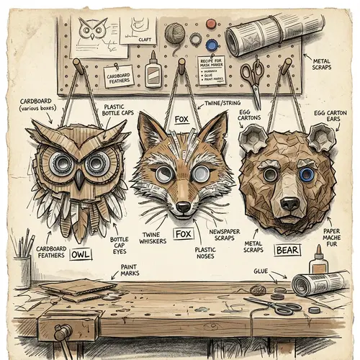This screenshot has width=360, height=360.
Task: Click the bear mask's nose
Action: (289, 202)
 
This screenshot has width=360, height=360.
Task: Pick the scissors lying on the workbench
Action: (276, 307)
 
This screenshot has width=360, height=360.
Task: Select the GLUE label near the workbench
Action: (261, 271)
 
